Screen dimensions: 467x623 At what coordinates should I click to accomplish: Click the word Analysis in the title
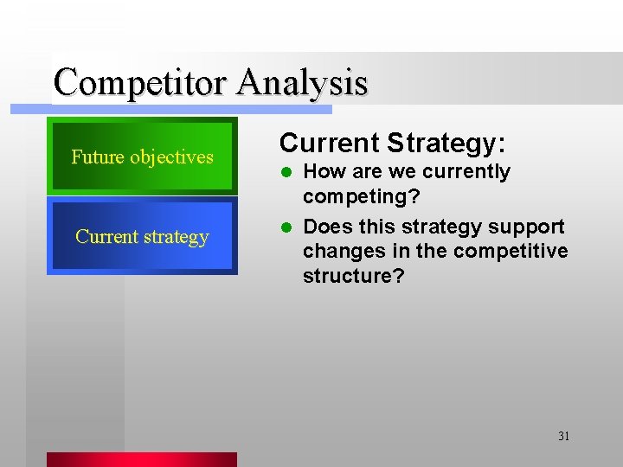(302, 83)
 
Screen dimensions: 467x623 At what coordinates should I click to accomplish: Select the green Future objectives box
(142, 157)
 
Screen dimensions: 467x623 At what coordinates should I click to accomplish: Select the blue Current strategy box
(142, 236)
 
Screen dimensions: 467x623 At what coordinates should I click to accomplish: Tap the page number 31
(563, 436)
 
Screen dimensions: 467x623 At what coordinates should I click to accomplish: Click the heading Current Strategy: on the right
(393, 142)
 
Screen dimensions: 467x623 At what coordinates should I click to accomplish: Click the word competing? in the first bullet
(361, 196)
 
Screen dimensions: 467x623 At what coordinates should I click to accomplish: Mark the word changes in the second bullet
(338, 252)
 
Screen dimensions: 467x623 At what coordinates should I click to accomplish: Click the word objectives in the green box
(171, 157)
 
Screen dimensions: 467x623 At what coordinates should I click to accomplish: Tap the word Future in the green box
(98, 157)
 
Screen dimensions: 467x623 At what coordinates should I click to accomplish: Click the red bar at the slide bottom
(141, 459)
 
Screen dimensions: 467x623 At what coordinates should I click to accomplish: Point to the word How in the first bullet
(323, 172)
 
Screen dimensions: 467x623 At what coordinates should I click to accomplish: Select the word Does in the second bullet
(325, 227)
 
